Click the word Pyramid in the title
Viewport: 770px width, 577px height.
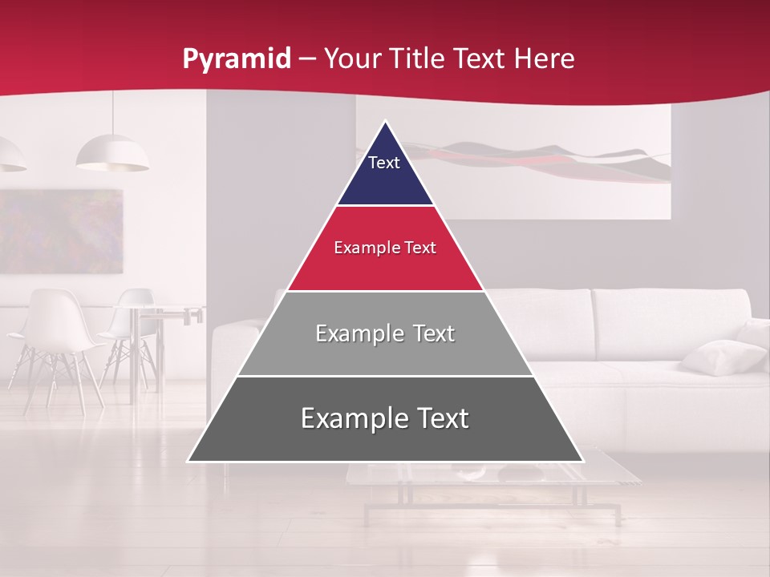point(236,59)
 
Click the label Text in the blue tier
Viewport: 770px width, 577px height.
point(383,163)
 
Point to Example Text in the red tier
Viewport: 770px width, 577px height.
point(385,248)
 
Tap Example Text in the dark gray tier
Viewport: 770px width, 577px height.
point(385,418)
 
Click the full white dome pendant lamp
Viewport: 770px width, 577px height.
point(112,153)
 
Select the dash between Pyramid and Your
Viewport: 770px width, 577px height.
point(307,59)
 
